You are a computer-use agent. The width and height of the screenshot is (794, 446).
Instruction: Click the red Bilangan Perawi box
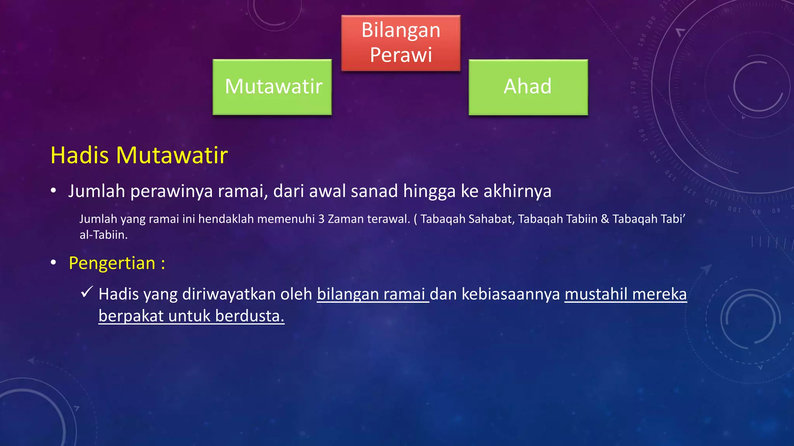pyautogui.click(x=401, y=43)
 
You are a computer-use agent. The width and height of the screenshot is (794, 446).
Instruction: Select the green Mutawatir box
pyautogui.click(x=272, y=87)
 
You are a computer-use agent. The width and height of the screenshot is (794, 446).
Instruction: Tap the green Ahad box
pyautogui.click(x=528, y=87)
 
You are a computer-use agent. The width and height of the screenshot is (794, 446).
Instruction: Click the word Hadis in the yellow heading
pyautogui.click(x=80, y=155)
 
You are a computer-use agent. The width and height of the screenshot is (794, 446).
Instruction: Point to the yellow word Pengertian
pyautogui.click(x=112, y=263)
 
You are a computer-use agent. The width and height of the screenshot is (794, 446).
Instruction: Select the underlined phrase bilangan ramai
pyautogui.click(x=372, y=294)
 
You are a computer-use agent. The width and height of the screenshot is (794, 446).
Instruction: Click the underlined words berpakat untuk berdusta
pyautogui.click(x=191, y=316)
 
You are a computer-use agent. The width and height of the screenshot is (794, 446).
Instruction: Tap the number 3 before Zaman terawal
pyautogui.click(x=321, y=219)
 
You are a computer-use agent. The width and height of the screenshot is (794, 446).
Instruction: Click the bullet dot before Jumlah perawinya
pyautogui.click(x=54, y=190)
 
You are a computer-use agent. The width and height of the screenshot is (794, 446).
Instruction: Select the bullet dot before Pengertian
pyautogui.click(x=54, y=263)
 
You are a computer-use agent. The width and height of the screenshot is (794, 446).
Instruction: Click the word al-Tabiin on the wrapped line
pyautogui.click(x=103, y=235)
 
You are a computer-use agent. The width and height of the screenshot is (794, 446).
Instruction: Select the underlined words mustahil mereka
pyautogui.click(x=625, y=294)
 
